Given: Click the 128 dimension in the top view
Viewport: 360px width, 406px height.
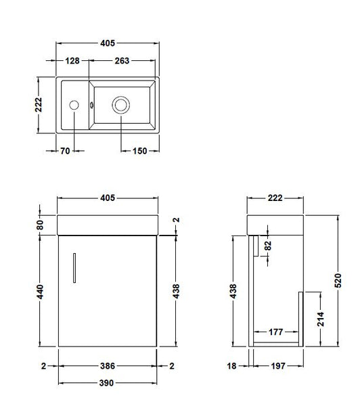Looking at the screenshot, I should coord(73,60).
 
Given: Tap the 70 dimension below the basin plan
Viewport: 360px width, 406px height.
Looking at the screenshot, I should coord(65,151).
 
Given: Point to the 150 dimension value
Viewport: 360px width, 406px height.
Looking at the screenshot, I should coord(139,151).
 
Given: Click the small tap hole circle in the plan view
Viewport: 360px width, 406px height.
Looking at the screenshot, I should coord(75,105).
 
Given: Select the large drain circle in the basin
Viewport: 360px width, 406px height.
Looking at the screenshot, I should coord(121,105).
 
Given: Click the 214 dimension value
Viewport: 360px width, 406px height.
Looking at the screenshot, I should coord(321,319).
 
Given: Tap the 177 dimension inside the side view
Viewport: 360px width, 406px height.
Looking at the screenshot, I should coord(275,332).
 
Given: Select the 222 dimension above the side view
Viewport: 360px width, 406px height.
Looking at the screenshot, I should coord(275,198).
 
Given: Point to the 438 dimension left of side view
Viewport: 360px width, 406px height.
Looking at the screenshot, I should coord(233,291).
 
